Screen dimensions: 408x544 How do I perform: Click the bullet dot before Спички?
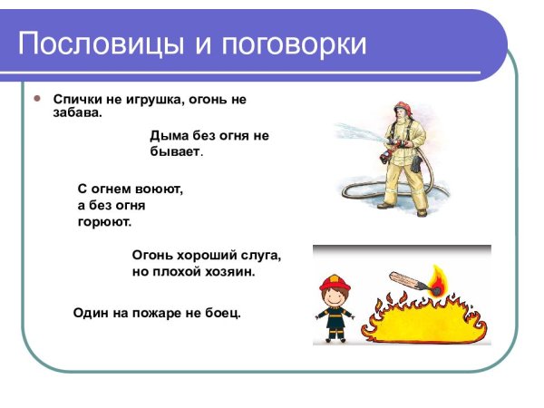(x=37, y=96)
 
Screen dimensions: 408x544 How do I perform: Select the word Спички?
(x=75, y=99)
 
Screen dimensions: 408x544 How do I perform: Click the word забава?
(x=78, y=113)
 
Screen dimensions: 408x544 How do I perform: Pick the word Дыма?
(x=170, y=136)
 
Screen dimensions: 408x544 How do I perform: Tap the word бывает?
(x=174, y=151)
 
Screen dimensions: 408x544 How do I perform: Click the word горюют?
(x=104, y=220)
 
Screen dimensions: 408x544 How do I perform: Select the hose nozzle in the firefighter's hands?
(x=384, y=148)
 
